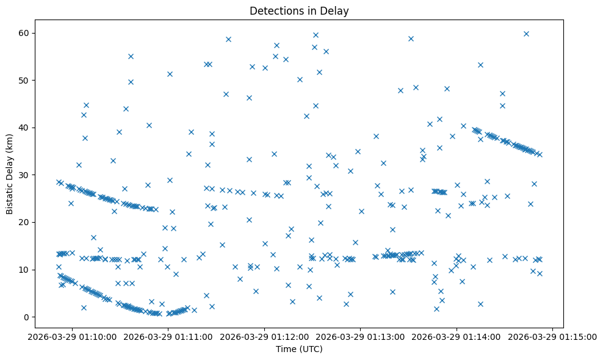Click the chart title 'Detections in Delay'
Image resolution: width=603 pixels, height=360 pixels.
tap(299, 10)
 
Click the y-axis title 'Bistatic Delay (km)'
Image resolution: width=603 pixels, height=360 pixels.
tap(9, 174)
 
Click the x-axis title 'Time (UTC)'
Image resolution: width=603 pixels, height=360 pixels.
tap(299, 350)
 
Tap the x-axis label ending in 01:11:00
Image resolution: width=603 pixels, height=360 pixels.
tap(169, 336)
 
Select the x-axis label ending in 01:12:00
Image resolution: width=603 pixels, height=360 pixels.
tap(265, 336)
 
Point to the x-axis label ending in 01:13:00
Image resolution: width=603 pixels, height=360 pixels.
tap(361, 336)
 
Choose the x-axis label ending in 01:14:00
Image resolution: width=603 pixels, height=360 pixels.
tap(457, 336)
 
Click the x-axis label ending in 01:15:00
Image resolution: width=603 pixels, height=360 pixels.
tap(552, 336)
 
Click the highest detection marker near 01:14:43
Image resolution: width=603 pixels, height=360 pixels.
tap(526, 34)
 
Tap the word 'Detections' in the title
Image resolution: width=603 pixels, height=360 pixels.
tap(272, 10)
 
